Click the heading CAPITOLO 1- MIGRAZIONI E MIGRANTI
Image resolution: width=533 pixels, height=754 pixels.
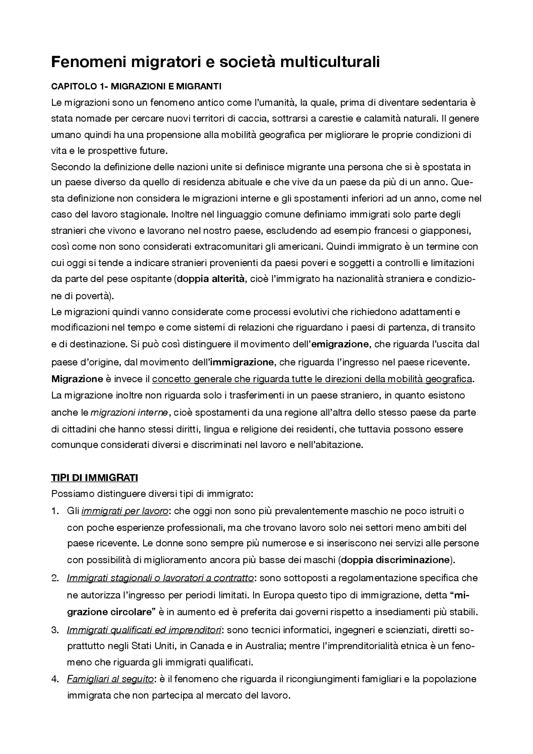click(x=136, y=87)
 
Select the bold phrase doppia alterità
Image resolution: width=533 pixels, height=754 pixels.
click(x=211, y=279)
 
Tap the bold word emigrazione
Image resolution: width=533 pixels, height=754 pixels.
click(x=340, y=344)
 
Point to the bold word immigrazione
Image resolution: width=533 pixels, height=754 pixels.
click(x=242, y=362)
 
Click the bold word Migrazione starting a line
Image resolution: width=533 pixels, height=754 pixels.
click(x=77, y=379)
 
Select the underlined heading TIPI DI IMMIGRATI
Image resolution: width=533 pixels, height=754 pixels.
click(x=94, y=478)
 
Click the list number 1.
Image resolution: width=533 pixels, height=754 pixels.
click(x=55, y=511)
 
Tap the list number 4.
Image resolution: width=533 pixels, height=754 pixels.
click(x=55, y=679)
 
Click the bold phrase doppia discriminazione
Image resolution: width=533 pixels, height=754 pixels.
click(x=396, y=560)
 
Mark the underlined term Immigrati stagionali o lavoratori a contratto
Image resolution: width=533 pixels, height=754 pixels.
click(x=160, y=578)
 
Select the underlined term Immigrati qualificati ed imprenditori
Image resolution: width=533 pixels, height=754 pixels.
click(x=144, y=630)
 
